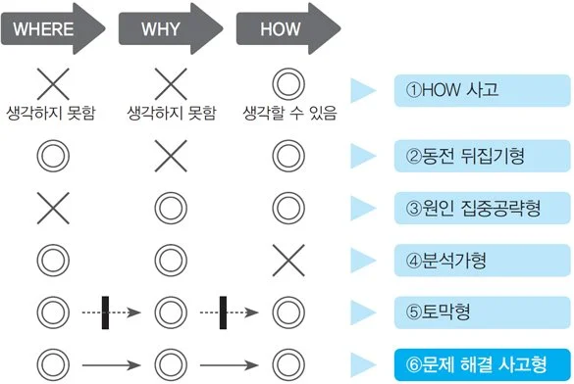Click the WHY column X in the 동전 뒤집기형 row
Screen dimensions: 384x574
171,155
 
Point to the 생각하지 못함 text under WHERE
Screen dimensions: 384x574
51,113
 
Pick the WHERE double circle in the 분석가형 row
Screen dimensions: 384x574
51,261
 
